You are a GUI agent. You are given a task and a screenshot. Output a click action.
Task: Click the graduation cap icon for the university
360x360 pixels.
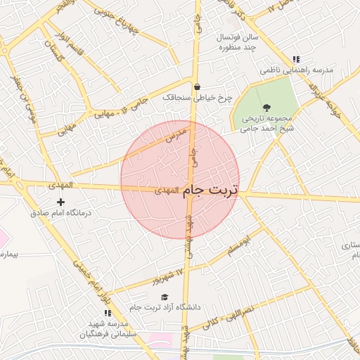[165, 297]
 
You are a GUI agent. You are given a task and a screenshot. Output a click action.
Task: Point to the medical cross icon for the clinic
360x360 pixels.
[60, 202]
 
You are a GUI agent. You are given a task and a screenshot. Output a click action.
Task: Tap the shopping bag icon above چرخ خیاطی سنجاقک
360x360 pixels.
[197, 86]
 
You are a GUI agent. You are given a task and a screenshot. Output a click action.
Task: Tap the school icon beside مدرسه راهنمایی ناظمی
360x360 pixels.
[296, 60]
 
